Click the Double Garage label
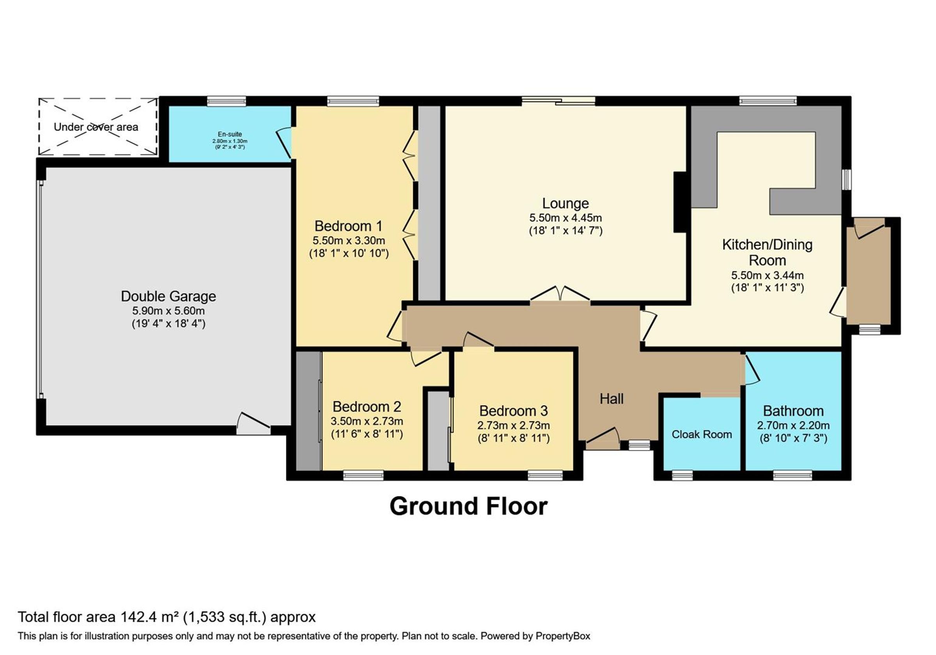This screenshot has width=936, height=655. tap(168, 297)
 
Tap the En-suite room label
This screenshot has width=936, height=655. tap(230, 134)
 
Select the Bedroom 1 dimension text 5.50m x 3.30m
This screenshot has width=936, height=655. tap(349, 240)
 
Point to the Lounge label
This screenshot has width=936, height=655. tap(565, 203)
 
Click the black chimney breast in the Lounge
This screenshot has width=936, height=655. tap(680, 202)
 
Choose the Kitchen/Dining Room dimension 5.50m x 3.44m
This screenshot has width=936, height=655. tap(768, 275)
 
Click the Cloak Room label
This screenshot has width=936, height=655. tap(702, 434)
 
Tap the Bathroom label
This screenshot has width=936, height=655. tap(793, 411)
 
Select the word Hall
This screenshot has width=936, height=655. tap(612, 399)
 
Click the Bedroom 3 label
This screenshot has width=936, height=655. tap(514, 411)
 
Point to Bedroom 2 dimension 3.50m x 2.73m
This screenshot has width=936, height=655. tap(367, 421)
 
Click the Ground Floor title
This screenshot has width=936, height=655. tap(468, 506)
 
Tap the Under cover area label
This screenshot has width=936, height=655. tap(96, 127)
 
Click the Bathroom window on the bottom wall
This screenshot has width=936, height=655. tap(792, 475)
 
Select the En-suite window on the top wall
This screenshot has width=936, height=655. tap(226, 101)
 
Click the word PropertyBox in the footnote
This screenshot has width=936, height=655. tap(563, 636)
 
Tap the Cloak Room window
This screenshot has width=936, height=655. tap(682, 475)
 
